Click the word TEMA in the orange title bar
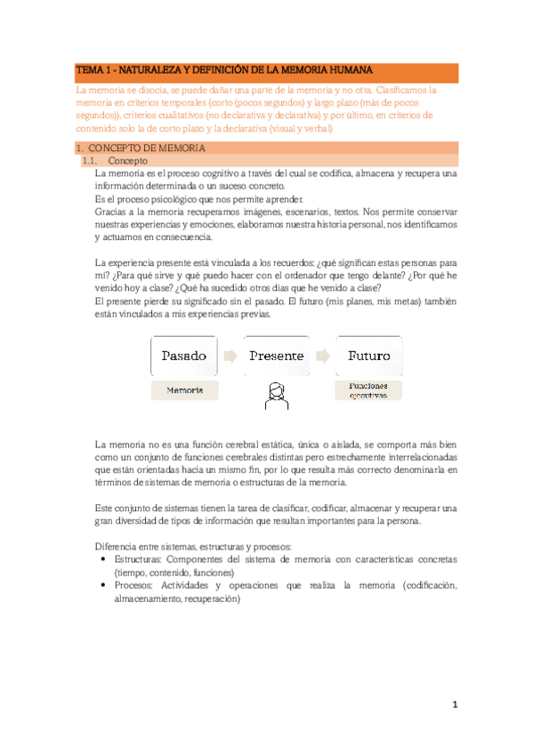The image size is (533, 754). point(90,70)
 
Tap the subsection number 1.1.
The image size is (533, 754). point(90,161)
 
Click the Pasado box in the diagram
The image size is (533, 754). point(183,356)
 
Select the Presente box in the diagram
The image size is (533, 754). point(276,356)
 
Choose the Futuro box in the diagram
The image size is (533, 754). point(368,356)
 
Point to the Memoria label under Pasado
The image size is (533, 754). point(183,389)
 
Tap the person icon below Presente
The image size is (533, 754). point(276,395)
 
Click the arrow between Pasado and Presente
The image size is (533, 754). point(230,356)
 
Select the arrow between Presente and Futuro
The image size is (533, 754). point(322,356)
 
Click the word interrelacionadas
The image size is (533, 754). point(413,456)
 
